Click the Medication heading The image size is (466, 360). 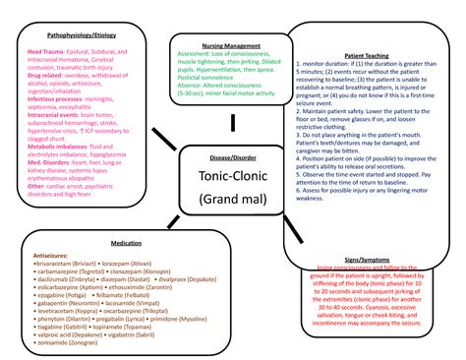(126, 242)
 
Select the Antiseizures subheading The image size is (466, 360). (55, 255)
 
